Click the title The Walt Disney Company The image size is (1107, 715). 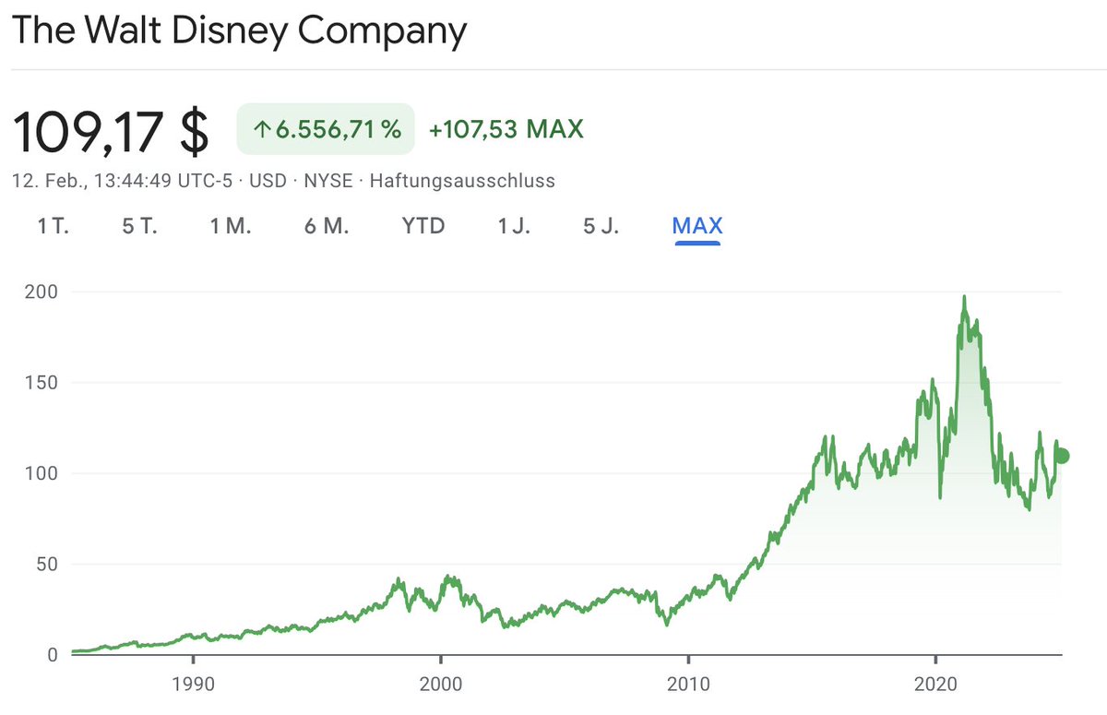(239, 31)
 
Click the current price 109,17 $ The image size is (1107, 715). (111, 132)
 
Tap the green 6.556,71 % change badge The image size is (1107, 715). (326, 129)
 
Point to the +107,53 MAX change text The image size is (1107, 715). (506, 129)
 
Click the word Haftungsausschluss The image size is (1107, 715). (462, 181)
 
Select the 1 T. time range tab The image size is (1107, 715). (54, 226)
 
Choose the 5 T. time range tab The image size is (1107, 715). (139, 226)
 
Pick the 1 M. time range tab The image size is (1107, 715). (231, 226)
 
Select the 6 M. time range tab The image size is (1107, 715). (327, 226)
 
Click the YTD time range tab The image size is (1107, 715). (423, 226)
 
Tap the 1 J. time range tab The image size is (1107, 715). (514, 226)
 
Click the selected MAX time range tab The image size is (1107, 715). (697, 226)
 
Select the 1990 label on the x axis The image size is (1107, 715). (193, 685)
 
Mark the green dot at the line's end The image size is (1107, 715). (1062, 456)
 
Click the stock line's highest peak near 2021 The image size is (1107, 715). (964, 297)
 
